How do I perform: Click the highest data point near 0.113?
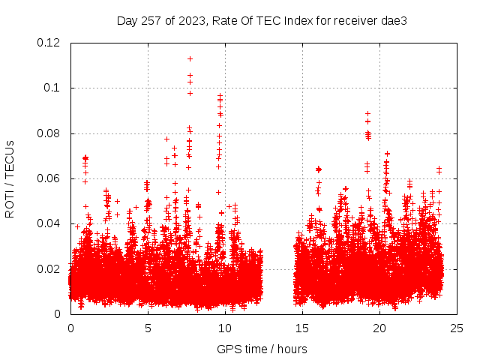click(x=190, y=58)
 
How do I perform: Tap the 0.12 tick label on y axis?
click(x=49, y=43)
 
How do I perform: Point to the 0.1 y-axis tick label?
click(x=53, y=88)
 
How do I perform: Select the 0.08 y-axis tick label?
click(x=49, y=133)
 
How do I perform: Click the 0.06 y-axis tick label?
click(x=49, y=178)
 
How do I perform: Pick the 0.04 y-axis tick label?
click(x=49, y=223)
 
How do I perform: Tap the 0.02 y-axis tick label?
click(x=49, y=268)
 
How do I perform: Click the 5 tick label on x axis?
click(x=148, y=328)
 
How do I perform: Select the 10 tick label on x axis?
click(x=225, y=328)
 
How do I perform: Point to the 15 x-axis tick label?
click(x=302, y=328)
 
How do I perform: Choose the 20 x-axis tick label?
click(x=379, y=328)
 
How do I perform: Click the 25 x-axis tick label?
click(x=457, y=328)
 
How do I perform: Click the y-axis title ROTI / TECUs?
click(x=10, y=178)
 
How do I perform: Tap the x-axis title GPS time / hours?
click(x=262, y=349)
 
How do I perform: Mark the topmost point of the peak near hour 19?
click(x=367, y=113)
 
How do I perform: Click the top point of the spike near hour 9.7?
click(x=220, y=95)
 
